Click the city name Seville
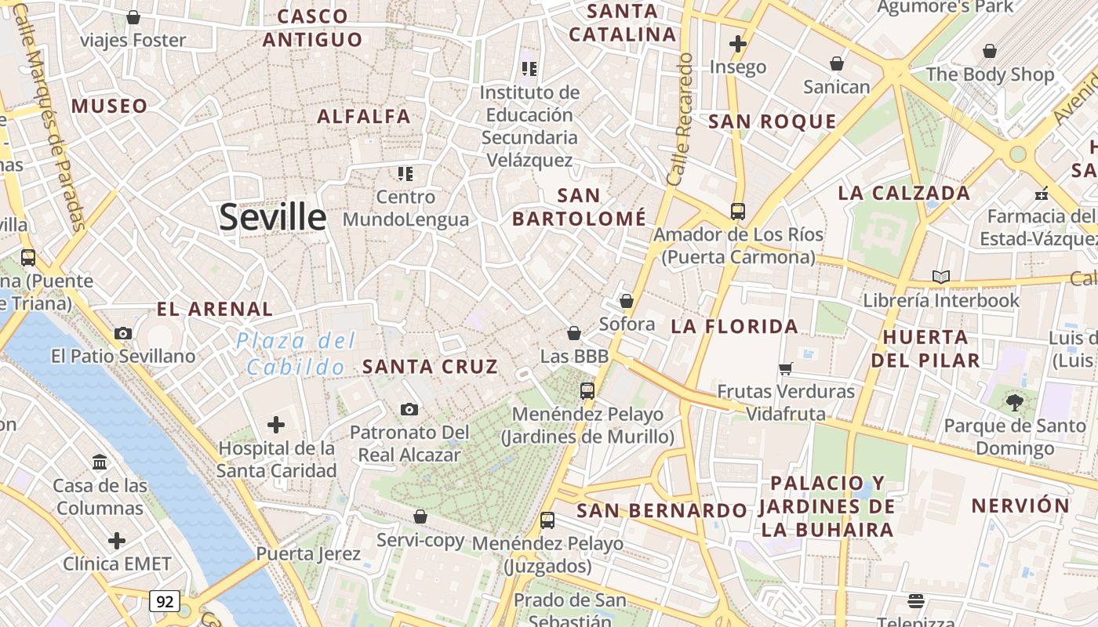point(272,216)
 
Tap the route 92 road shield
point(165,601)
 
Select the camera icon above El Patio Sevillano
point(122,333)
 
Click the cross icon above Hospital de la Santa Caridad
point(276,425)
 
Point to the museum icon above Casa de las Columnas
point(100,462)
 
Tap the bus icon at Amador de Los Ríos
point(737,211)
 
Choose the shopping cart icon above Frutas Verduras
point(785,368)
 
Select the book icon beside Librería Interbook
point(941,277)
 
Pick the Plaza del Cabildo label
point(296,353)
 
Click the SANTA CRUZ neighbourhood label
point(430,366)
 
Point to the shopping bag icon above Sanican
point(837,63)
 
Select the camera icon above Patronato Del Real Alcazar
point(409,409)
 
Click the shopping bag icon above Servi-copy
point(420,516)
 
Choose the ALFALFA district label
point(364,117)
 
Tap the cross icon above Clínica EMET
point(117,541)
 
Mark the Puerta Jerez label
point(308,554)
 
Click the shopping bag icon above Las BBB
point(574,333)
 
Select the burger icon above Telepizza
point(916,601)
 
